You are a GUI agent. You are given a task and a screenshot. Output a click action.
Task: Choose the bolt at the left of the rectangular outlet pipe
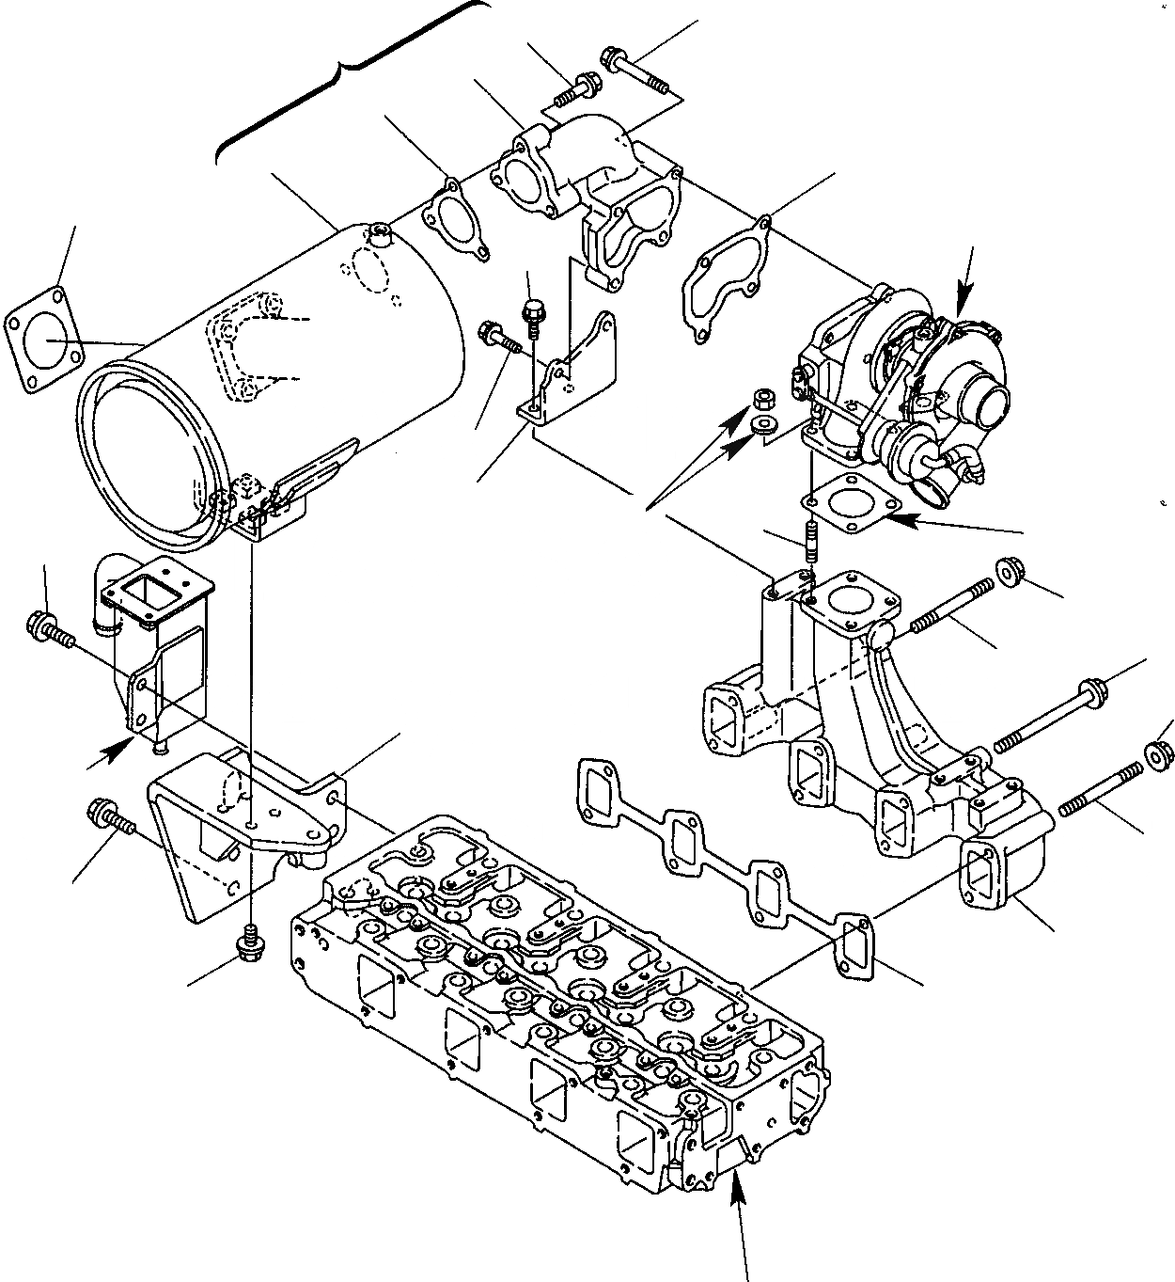(52, 628)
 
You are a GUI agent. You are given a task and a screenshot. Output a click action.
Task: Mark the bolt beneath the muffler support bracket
(251, 941)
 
